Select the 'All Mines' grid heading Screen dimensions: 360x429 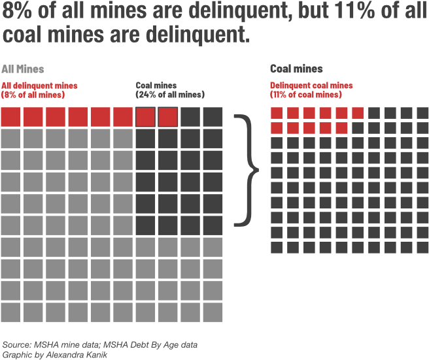coord(22,69)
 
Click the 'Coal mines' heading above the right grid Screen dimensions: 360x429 coord(296,69)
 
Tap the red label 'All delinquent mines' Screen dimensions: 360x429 coord(40,85)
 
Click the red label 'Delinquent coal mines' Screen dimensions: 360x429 coord(311,85)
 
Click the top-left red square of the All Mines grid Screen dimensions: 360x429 coord(11,118)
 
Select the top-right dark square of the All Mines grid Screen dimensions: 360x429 coord(213,118)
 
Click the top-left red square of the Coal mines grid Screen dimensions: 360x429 coord(277,113)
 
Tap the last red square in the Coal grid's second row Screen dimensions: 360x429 coord(341,127)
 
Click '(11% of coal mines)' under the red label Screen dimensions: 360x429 coord(305,95)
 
